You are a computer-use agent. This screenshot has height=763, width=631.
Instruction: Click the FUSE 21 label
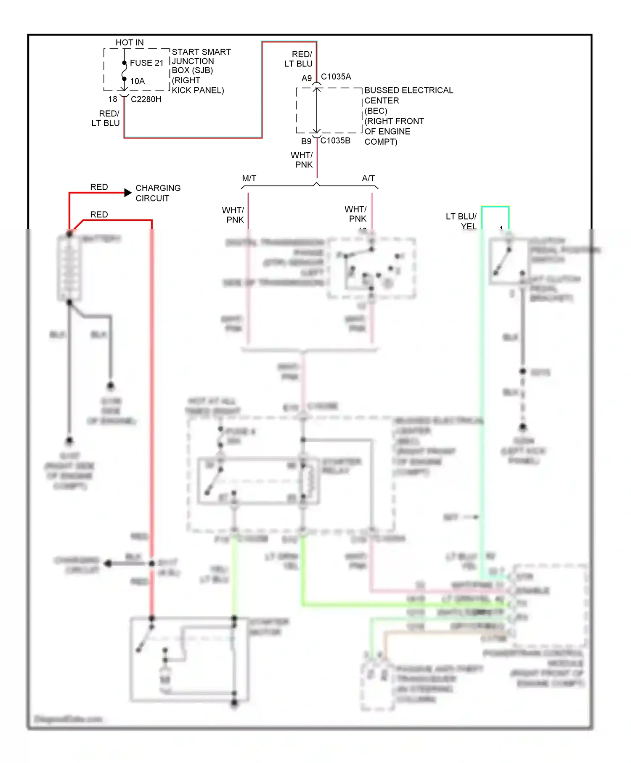[146, 63]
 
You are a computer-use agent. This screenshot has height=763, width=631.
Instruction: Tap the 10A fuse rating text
[137, 81]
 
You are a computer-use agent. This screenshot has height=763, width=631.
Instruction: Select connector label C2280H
[146, 99]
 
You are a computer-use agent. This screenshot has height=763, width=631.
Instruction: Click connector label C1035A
[336, 77]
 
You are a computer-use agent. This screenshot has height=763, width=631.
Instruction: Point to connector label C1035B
[335, 140]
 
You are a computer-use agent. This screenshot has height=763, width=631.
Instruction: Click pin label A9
[307, 78]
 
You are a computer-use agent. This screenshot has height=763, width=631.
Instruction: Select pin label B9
[306, 141]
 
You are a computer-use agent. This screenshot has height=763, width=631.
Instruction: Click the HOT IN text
[130, 42]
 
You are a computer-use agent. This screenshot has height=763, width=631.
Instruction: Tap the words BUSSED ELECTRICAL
[408, 90]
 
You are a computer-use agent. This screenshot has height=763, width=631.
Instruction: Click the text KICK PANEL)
[198, 90]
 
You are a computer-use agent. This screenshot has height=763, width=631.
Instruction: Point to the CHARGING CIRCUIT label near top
[158, 193]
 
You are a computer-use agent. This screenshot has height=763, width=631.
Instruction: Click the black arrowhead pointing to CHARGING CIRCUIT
[128, 193]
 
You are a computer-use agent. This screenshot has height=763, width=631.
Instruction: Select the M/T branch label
[249, 178]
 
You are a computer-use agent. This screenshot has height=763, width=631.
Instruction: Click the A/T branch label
[368, 178]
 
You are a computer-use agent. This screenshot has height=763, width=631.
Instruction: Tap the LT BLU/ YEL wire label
[461, 221]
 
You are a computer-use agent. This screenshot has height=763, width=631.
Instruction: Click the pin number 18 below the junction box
[113, 99]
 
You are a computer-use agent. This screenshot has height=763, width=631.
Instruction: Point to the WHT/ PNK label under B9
[302, 160]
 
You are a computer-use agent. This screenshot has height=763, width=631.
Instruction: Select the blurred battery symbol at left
[69, 268]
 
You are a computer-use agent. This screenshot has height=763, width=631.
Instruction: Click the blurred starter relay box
[258, 481]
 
